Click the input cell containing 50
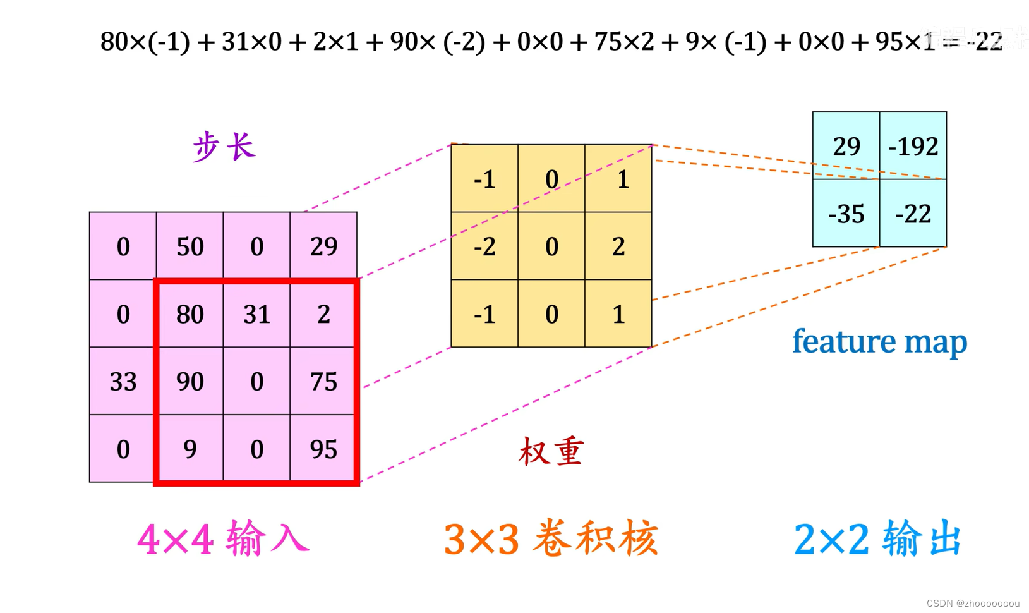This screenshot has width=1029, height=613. [190, 246]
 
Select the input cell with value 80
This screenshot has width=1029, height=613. [190, 313]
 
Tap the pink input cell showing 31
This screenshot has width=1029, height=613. [256, 313]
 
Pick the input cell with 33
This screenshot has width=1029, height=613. [123, 381]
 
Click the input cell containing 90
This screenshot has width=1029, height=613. [190, 381]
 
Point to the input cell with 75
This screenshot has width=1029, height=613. [323, 381]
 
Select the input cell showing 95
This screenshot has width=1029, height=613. [323, 449]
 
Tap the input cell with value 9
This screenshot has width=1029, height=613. [190, 449]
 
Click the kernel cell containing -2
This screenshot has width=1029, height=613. [484, 246]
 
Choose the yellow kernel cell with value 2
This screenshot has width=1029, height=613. [618, 246]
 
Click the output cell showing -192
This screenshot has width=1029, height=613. [913, 146]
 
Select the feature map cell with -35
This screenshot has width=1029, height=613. [846, 214]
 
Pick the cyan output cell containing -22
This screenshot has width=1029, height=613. [913, 214]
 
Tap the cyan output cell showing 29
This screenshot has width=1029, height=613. [846, 146]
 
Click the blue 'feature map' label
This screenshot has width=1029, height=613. [879, 341]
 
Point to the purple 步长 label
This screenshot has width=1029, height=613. [224, 147]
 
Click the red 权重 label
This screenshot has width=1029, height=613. [551, 451]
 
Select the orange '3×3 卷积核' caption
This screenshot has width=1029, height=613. [551, 539]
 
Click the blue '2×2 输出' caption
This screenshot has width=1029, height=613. [878, 539]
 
